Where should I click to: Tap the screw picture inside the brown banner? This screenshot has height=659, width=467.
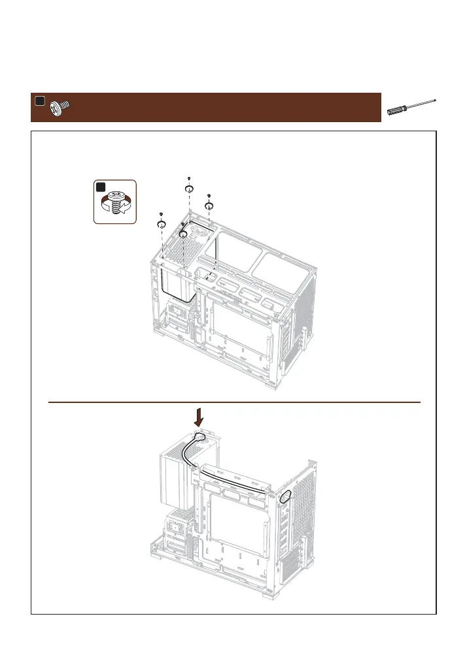pos(60,106)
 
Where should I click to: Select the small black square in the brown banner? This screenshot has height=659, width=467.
pos(39,101)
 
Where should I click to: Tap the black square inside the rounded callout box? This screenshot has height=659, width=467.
pos(101,187)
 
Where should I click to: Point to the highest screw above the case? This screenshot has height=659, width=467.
pos(188,188)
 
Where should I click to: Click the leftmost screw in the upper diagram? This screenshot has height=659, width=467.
pos(161,223)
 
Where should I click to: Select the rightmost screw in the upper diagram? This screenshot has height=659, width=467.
pos(209,205)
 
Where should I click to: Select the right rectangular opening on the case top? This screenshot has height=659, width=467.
pos(281,268)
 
